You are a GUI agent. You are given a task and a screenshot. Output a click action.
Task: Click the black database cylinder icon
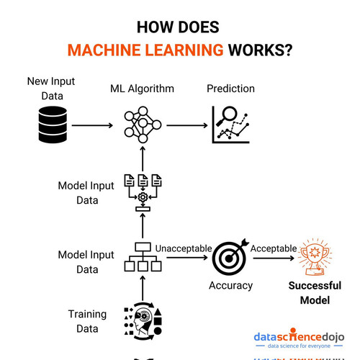coord(53,125)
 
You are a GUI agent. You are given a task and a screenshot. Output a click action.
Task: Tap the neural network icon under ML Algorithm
coord(143,125)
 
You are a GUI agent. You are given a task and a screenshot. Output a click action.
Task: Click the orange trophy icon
coord(315,257)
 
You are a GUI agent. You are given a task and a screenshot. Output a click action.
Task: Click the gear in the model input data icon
coord(143,197)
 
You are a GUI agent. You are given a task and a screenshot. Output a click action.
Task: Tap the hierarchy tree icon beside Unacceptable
coord(143,257)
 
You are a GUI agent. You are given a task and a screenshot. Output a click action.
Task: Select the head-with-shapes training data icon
coord(143,321)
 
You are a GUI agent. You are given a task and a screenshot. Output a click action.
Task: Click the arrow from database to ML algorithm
coord(92,125)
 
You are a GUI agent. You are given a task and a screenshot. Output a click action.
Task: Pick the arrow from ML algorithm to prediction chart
coord(187,125)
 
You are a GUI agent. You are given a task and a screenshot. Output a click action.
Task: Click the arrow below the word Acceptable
coord(274,258)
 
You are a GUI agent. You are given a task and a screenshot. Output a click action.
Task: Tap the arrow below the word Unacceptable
coord(187,258)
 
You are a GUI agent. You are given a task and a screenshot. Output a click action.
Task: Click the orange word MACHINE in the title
coord(104,50)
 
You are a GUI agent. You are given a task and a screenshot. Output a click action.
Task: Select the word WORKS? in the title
coord(261,50)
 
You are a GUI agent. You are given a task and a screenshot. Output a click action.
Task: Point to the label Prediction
coord(230,89)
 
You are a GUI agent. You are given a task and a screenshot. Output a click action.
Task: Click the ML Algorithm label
coord(142,89)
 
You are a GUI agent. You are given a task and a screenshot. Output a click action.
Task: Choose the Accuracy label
coord(230,286)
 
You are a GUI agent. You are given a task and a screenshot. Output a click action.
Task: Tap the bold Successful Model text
coord(315,293)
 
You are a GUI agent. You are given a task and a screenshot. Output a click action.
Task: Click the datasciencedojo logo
coord(299,338)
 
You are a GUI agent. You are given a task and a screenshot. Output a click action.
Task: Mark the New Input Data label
coord(51,89)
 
